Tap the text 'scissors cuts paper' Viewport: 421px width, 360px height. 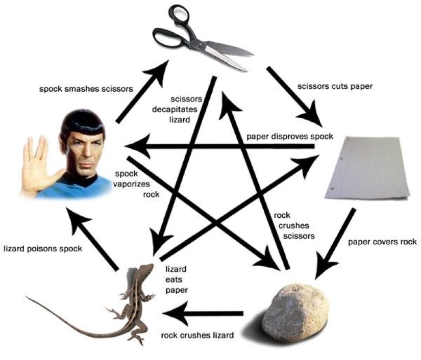pyautogui.click(x=334, y=86)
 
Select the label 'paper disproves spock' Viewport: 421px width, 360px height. pyautogui.click(x=289, y=137)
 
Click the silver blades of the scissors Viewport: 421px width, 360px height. pyautogui.click(x=225, y=54)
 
